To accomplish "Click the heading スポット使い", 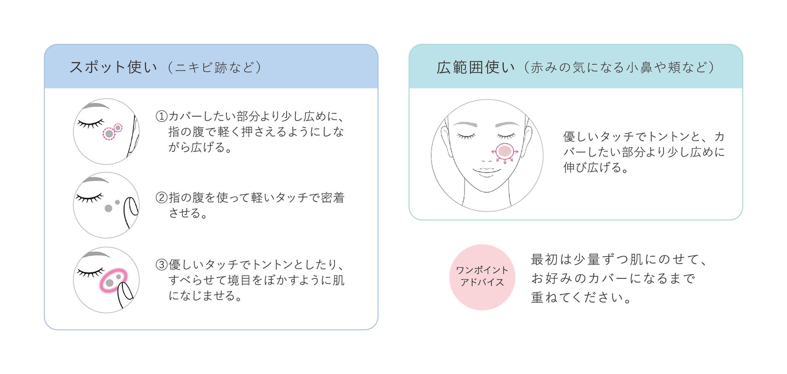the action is [x=113, y=67].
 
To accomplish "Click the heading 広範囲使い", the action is [x=475, y=67].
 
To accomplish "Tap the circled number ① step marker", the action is [x=161, y=117].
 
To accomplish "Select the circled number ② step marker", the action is [x=161, y=198].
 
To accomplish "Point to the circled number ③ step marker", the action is [x=161, y=265].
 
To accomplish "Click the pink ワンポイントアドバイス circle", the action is [x=482, y=277].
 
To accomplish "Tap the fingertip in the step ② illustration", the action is [x=131, y=206].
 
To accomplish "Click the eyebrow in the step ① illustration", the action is [x=95, y=106].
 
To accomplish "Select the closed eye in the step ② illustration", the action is [x=89, y=198].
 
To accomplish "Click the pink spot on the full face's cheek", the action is [x=504, y=151].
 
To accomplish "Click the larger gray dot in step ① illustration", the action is [x=109, y=134].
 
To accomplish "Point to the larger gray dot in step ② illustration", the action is [x=108, y=208].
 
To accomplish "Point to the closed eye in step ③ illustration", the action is [x=90, y=273].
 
